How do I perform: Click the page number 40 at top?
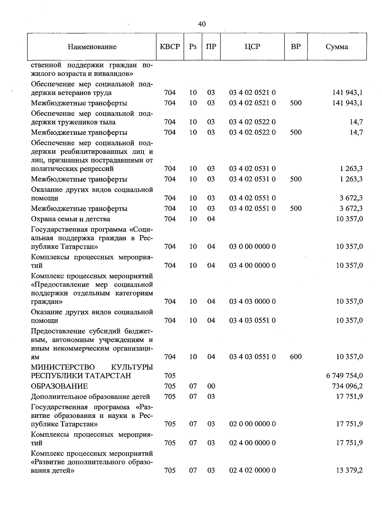(202, 24)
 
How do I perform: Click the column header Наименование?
(92, 47)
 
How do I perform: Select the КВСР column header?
(170, 47)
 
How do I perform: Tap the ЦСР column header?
(252, 47)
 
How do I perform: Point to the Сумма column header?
(337, 47)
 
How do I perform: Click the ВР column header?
(296, 47)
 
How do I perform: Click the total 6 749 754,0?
(344, 376)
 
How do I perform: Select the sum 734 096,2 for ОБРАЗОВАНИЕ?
(347, 386)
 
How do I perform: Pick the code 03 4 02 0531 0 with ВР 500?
(252, 179)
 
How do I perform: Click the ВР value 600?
(296, 357)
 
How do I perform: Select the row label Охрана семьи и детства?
(71, 219)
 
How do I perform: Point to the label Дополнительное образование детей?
(90, 397)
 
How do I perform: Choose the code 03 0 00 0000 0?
(252, 246)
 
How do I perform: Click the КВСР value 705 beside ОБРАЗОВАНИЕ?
(170, 386)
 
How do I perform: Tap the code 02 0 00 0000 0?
(252, 424)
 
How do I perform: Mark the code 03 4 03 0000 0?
(252, 301)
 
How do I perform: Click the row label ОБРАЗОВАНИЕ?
(59, 386)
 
